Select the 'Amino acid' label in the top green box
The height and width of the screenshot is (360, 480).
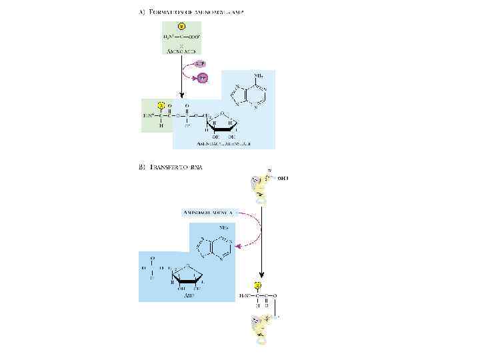181,51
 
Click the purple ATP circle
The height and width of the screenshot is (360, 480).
199,63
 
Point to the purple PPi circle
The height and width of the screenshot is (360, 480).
204,78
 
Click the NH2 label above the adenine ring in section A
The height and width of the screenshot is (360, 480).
258,75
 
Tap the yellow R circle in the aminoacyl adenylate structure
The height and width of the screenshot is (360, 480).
161,105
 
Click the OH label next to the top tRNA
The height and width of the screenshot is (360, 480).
283,178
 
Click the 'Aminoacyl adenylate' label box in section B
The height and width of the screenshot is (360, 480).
208,212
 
